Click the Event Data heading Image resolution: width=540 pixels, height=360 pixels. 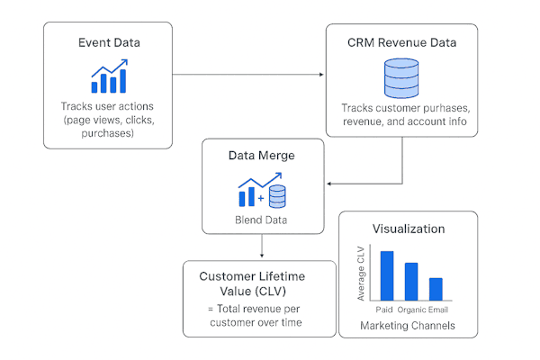108,42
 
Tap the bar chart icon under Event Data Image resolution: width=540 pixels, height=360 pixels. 108,77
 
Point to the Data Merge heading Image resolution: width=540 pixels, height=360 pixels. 261,156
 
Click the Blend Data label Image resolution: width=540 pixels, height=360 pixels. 261,219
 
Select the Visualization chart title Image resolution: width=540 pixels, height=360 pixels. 408,229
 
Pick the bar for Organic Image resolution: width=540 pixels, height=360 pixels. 411,281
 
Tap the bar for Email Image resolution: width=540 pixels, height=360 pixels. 436,289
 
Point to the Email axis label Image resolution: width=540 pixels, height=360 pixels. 437,309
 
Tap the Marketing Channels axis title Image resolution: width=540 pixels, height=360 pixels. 408,324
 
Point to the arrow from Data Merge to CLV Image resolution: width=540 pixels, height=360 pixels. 261,247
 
